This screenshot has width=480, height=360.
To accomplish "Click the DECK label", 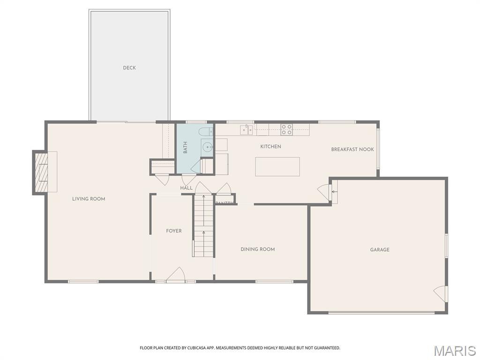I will coord(129,68).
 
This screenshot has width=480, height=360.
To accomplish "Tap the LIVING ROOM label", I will coord(89,199).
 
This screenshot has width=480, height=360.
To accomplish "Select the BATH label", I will coord(185,147).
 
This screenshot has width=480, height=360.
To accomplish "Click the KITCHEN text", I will coord(270,147).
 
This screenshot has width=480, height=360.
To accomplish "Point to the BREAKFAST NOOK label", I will coord(352,150).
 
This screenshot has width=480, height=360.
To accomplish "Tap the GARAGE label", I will coord(380,250).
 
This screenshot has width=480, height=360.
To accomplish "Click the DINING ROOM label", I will coord(257,249).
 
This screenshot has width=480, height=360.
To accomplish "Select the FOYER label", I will coord(173,231).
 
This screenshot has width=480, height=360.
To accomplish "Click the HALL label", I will coord(186,188).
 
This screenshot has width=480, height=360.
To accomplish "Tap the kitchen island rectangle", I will coord(277,166).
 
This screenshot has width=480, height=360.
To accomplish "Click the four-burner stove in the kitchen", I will coord(286,129).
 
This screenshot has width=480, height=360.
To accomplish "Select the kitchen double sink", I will coord(247,130).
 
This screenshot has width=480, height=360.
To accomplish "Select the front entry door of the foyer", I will coord(175,276).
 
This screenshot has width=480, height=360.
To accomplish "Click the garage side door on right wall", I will coord(441,294).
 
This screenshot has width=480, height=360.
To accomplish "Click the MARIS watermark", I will coord(454,351).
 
